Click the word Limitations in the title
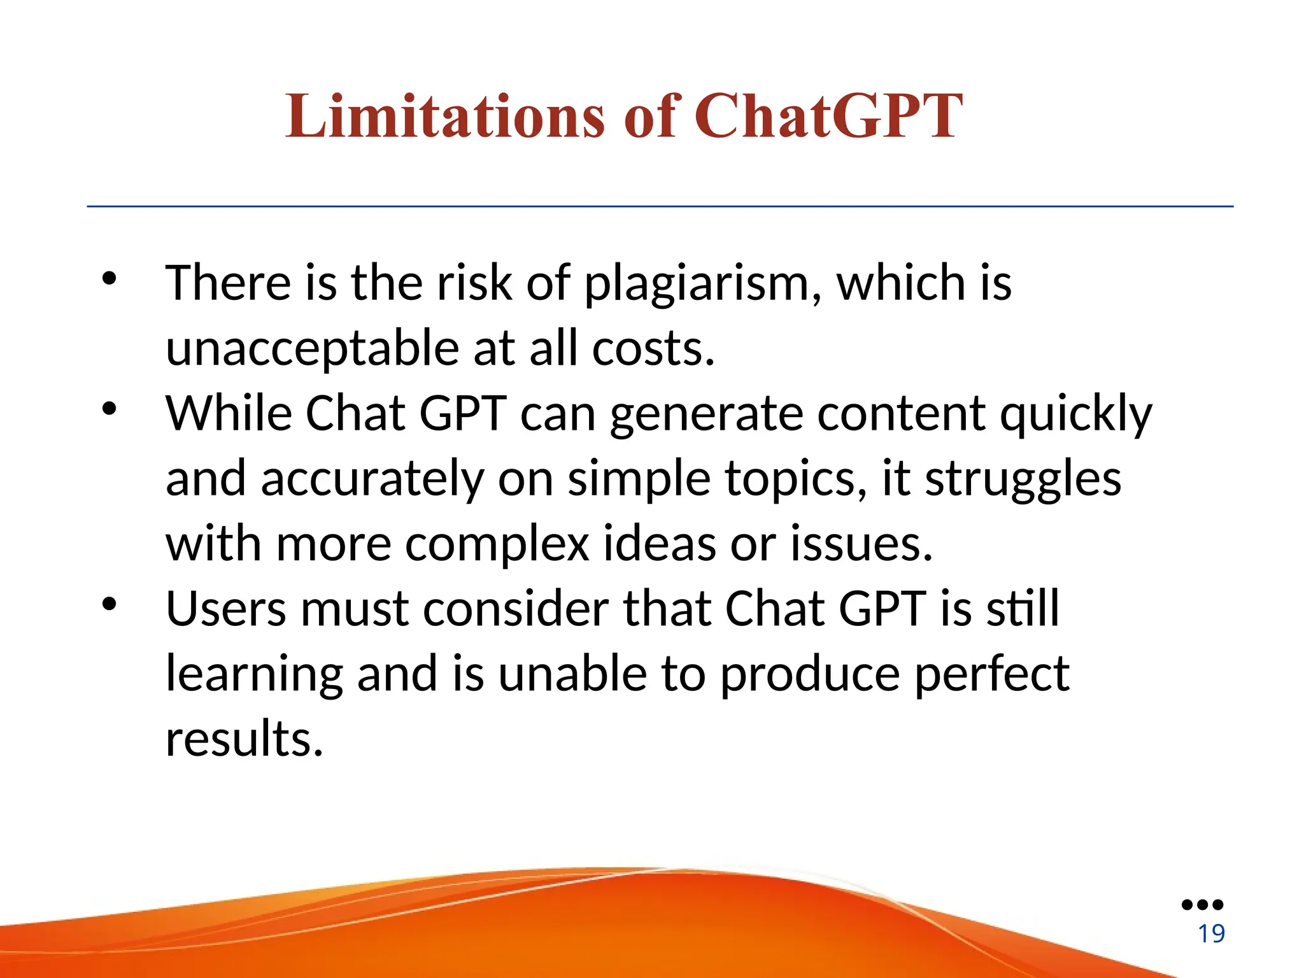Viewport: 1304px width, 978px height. point(444,116)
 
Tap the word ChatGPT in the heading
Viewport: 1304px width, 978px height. point(828,116)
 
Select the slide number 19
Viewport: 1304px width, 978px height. point(1211,934)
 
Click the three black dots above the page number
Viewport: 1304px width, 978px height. point(1202,905)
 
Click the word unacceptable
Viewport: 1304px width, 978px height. point(312,349)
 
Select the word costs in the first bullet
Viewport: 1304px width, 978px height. point(653,349)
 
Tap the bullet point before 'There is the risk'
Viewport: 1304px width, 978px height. point(110,279)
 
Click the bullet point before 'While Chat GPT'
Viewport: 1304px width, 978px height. point(110,409)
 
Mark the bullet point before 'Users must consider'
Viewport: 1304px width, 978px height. point(110,604)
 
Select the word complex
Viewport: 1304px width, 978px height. point(497,545)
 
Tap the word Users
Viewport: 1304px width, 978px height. point(226,609)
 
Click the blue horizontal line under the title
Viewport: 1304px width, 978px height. point(660,206)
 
